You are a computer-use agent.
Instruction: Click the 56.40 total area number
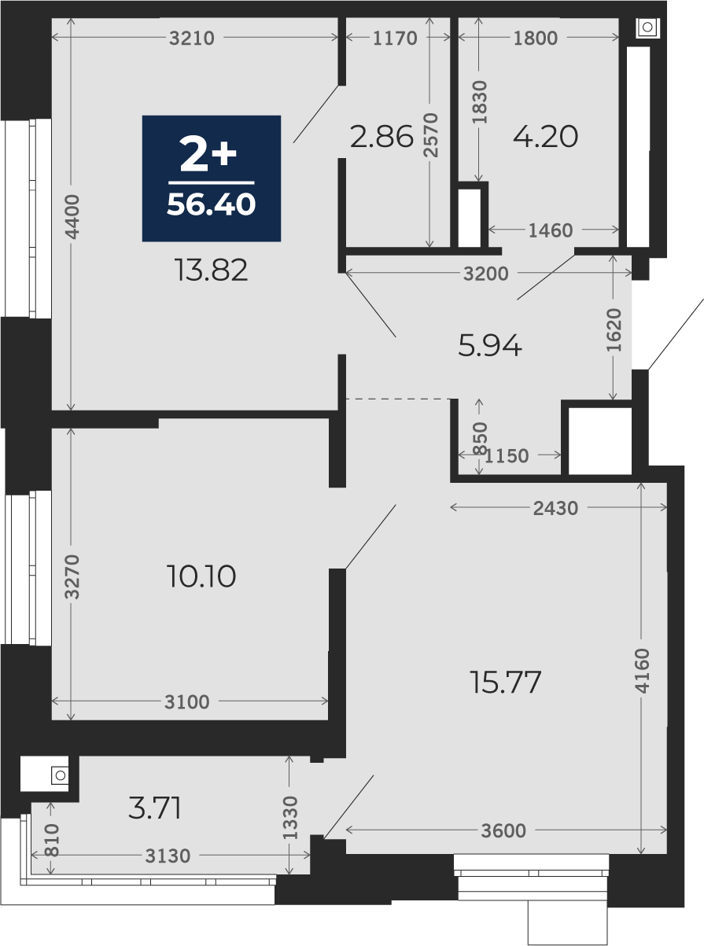[x=211, y=204]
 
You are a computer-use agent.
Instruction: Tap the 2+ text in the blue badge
[x=208, y=154]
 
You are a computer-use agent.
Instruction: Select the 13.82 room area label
[x=211, y=270]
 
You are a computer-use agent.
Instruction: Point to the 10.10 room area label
[x=201, y=576]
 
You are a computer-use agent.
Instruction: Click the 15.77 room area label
[x=506, y=682]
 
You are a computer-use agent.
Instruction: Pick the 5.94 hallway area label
[x=490, y=345]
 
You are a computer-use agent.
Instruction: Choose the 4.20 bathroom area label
[x=546, y=137]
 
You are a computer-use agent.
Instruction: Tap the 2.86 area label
[x=381, y=137]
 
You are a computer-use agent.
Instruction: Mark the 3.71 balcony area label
[x=155, y=808]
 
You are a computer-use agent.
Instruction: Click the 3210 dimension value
[x=192, y=39]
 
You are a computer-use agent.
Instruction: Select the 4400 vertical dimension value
[x=72, y=217]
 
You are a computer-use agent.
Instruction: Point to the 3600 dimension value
[x=503, y=831]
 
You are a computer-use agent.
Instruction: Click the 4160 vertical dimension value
[x=642, y=671]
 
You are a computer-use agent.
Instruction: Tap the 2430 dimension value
[x=555, y=509]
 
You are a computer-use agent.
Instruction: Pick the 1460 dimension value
[x=551, y=230]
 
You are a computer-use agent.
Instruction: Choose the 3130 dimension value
[x=168, y=856]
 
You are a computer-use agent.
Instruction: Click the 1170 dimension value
[x=395, y=39]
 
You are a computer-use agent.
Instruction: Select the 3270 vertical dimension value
[x=72, y=576]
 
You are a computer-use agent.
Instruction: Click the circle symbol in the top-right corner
[x=647, y=27]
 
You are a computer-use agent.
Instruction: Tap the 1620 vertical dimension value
[x=614, y=329]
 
